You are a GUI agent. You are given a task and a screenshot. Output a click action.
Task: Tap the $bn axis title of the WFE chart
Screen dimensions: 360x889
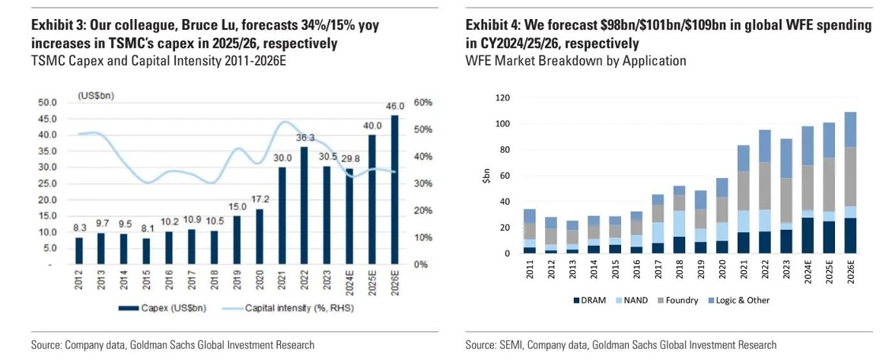point(485,176)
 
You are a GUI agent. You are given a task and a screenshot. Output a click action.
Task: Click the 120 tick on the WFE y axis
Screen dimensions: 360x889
point(502,97)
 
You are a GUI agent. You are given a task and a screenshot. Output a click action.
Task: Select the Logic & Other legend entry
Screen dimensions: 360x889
point(738,300)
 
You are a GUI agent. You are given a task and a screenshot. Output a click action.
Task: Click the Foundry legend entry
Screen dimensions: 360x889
point(677,300)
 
